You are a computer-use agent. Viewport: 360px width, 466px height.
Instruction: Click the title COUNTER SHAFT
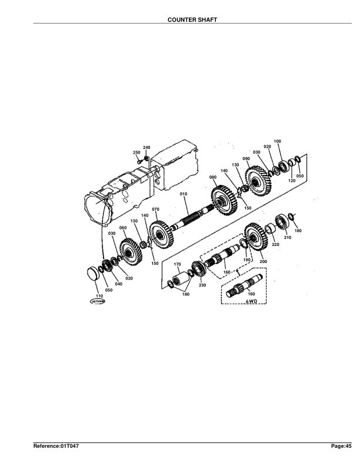click(192, 19)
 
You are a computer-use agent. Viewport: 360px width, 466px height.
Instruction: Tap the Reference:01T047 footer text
click(56, 447)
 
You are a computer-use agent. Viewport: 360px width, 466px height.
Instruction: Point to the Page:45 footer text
click(341, 447)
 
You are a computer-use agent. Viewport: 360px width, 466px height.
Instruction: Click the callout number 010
click(183, 194)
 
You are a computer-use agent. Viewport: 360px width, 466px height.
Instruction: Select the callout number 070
click(156, 209)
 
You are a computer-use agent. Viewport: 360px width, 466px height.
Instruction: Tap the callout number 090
click(246, 158)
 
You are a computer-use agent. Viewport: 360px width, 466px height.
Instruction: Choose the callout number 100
click(277, 141)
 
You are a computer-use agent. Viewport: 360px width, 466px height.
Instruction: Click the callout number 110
click(99, 295)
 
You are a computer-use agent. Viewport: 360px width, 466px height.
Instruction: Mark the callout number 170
click(177, 264)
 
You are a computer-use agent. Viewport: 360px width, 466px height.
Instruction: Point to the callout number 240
click(146, 147)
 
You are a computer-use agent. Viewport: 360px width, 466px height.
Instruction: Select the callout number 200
click(263, 261)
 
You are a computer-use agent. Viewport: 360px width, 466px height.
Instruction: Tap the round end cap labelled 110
click(93, 274)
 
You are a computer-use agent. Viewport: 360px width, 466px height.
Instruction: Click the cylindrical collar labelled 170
click(178, 278)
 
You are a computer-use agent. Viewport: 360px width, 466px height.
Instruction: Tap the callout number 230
click(202, 285)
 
